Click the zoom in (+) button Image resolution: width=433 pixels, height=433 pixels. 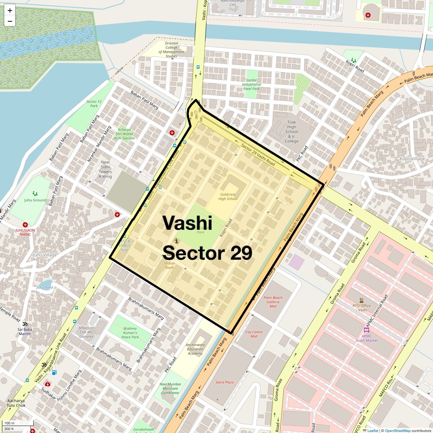(x=10, y=10)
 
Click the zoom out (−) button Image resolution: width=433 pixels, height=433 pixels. (x=10, y=21)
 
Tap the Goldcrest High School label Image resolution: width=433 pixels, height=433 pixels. (x=228, y=197)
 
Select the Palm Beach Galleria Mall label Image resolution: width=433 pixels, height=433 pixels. (x=273, y=302)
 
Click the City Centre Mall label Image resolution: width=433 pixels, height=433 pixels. (x=254, y=334)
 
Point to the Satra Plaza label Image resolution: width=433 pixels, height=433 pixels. (x=224, y=382)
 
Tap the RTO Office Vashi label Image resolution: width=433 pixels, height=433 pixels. (x=362, y=308)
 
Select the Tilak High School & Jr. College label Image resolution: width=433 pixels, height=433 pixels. (x=292, y=132)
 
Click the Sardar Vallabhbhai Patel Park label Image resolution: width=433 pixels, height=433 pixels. (x=252, y=84)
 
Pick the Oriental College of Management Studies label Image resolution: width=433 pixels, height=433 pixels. (x=171, y=50)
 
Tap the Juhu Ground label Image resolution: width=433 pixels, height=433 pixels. (x=35, y=200)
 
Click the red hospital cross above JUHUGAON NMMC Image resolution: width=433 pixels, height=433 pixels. (x=25, y=225)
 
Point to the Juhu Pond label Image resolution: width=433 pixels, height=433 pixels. (x=45, y=288)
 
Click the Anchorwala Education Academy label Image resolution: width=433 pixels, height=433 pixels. (x=195, y=349)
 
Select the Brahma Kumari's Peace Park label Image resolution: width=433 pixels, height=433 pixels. (x=130, y=333)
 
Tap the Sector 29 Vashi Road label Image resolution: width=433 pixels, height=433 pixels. (x=258, y=154)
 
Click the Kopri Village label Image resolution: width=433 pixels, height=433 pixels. (x=412, y=159)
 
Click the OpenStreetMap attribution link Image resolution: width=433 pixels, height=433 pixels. (x=397, y=430)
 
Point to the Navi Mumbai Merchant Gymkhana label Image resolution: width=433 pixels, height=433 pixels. (x=170, y=388)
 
